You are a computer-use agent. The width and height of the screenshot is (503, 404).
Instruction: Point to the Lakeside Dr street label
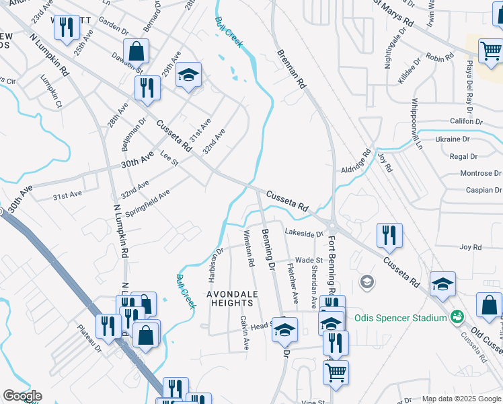pos(305,234)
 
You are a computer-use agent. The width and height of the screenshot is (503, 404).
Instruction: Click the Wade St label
pos(309,260)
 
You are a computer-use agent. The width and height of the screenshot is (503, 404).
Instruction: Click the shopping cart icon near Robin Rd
pos(490,50)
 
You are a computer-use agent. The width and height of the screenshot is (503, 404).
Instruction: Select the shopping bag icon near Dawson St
pos(136,50)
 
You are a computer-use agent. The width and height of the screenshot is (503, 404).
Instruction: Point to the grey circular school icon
pos(367,280)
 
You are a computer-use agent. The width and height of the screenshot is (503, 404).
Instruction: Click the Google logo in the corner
pos(22,397)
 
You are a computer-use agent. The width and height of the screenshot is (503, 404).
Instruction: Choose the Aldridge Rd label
pos(356,162)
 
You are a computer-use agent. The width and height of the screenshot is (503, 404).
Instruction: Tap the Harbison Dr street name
pos(215,267)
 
